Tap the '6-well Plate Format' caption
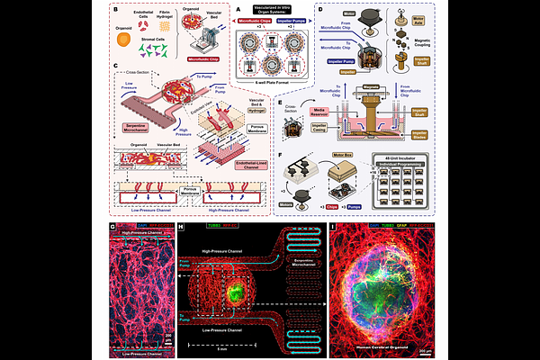point(270,108)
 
